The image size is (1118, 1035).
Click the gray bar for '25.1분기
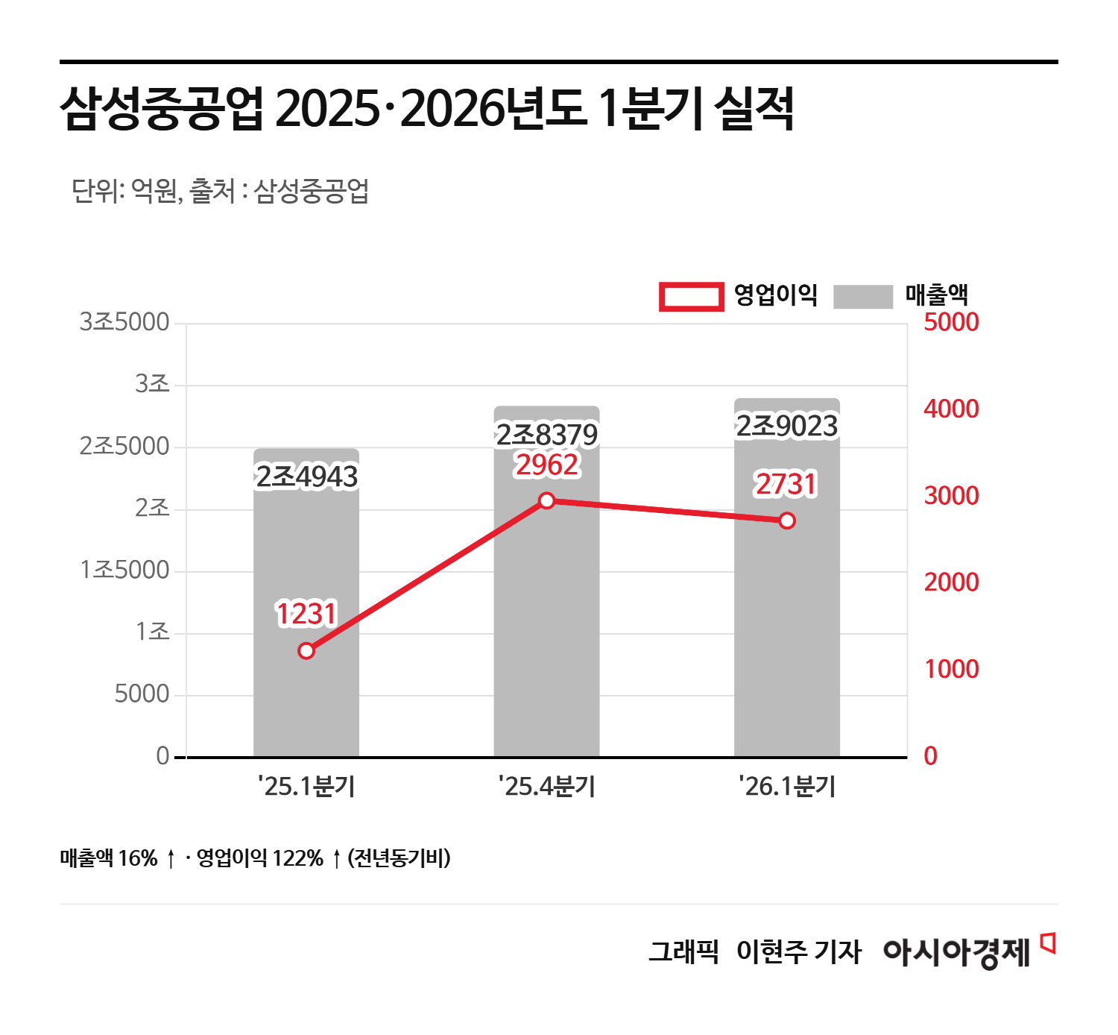click(306, 693)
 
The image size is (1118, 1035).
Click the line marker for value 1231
click(306, 651)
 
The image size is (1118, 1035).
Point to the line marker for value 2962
click(546, 500)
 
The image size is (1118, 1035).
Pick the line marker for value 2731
click(787, 520)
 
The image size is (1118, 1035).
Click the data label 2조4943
click(306, 477)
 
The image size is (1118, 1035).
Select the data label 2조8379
click(546, 435)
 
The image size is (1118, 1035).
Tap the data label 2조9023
click(787, 427)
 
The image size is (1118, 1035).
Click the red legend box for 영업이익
click(691, 296)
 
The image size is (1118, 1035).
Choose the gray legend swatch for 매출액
click(862, 296)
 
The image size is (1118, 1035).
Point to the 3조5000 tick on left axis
click(124, 322)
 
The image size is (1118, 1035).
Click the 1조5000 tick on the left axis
click(124, 570)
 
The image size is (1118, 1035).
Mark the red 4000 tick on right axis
click(951, 409)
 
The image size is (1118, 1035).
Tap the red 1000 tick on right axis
click(951, 670)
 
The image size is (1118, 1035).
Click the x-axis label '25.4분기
click(546, 786)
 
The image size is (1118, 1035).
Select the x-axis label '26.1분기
click(787, 786)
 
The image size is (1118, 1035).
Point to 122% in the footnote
click(297, 858)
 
